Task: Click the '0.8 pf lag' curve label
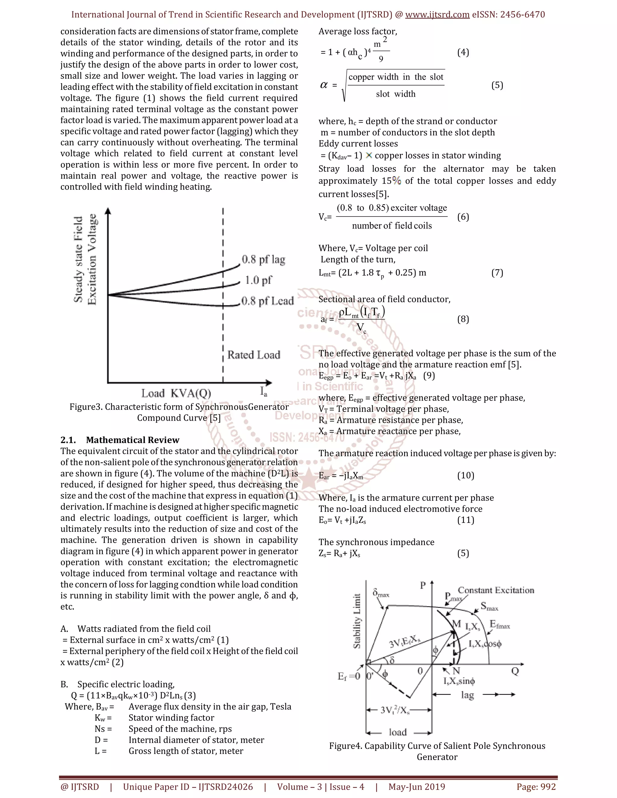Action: coord(263,260)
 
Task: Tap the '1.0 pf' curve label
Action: coord(258,280)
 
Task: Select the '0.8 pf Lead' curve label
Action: coord(268,301)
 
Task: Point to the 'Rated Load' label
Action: coord(254,355)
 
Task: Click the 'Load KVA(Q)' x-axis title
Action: coord(176,394)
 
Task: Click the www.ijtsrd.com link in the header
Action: coord(437,15)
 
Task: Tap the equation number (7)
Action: coord(497,273)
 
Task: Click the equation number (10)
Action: coord(466,475)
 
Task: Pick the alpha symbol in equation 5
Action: coord(324,85)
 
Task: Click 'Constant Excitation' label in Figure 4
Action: coord(496,590)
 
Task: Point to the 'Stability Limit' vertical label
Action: coord(357,621)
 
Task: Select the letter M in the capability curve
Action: coord(456,624)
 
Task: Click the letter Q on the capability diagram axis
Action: coord(515,671)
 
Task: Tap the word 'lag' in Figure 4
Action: coord(467,695)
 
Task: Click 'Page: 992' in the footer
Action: coord(536,787)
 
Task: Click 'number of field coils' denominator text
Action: coord(392,226)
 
